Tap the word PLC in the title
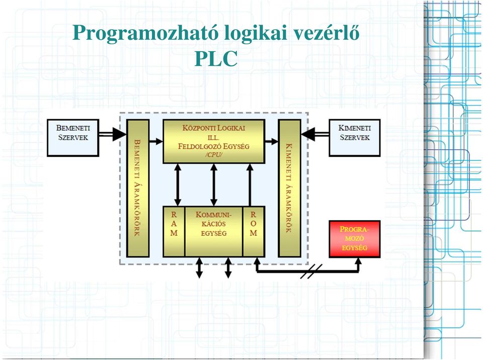click(x=216, y=58)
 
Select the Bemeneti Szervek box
click(x=73, y=138)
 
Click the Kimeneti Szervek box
click(x=355, y=138)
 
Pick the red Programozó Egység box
click(x=355, y=239)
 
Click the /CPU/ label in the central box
click(x=214, y=155)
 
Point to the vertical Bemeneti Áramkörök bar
click(x=138, y=188)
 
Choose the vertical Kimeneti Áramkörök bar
click(x=290, y=188)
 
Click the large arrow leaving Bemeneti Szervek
click(x=112, y=134)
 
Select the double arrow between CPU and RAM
click(x=178, y=185)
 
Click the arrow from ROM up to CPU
click(x=250, y=185)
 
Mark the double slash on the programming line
click(x=311, y=272)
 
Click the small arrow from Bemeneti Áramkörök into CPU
click(x=156, y=141)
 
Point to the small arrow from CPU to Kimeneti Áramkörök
click(x=271, y=141)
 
